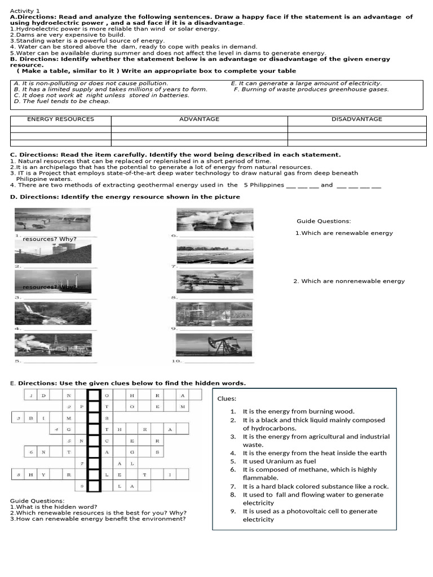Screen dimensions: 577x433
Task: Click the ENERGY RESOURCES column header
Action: [60, 119]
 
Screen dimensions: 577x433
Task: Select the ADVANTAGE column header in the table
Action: [199, 119]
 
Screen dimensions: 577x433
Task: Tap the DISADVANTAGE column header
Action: [356, 119]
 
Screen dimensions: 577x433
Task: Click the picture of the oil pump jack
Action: [214, 344]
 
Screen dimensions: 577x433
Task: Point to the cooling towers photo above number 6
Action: [214, 219]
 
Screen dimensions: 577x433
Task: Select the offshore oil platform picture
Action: [214, 281]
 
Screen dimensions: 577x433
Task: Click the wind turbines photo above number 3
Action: [52, 281]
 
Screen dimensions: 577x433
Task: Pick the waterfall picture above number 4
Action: [52, 313]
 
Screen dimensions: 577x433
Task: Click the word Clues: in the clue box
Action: [227, 399]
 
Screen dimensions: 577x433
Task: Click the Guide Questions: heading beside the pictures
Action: [324, 221]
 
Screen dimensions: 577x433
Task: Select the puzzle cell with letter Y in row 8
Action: [43, 474]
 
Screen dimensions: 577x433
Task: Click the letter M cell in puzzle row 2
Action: [182, 406]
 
